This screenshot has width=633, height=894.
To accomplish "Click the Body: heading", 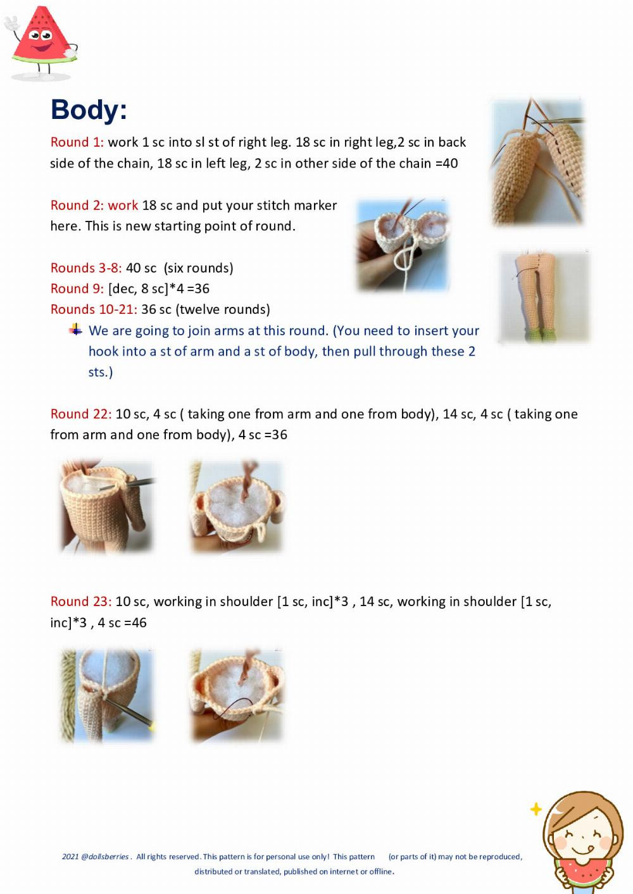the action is coord(89,109).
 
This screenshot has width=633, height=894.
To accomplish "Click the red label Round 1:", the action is coord(77,142).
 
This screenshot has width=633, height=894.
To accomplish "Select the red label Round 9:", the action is coord(77,289).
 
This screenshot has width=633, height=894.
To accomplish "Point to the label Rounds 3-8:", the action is coord(86,268).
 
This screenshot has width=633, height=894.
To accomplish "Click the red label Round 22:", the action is coord(81,414).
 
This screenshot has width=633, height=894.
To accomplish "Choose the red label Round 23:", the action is coord(81,602).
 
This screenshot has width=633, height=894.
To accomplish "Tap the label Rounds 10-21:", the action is coord(94,309).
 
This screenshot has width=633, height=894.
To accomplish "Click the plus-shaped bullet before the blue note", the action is coord(75,330).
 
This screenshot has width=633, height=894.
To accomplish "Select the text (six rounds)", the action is coord(199,268).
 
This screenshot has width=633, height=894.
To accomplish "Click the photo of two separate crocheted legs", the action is coord(537,161).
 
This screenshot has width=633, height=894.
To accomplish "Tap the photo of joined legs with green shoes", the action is coord(544,297).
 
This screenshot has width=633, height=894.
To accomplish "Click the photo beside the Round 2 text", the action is coord(403,245).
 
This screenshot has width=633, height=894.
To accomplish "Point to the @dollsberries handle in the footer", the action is coord(105,857).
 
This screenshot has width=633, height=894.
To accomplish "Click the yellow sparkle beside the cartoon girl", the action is coord(536,809).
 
